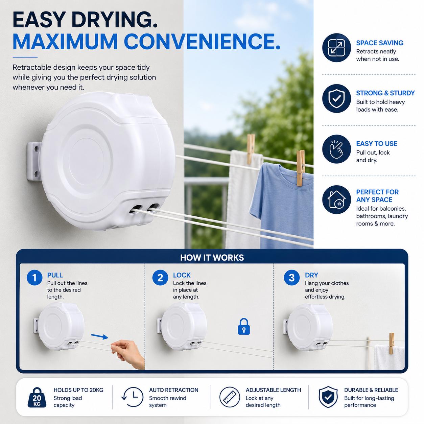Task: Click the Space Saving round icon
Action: (336, 48)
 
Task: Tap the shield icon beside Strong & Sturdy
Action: (336, 98)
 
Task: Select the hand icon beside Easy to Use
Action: (336, 149)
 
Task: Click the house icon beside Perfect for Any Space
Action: (336, 199)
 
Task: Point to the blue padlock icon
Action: (244, 326)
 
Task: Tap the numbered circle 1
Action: (34, 278)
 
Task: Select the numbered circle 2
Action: (160, 278)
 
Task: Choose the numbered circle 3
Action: (291, 278)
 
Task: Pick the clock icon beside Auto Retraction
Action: (133, 397)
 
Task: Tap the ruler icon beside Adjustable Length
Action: (230, 397)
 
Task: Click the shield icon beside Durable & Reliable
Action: (328, 397)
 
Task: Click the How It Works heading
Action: (212, 257)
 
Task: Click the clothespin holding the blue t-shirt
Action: (300, 168)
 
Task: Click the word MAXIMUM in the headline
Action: (65, 42)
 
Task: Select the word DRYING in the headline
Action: (114, 20)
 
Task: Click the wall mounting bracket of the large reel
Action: (34, 161)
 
